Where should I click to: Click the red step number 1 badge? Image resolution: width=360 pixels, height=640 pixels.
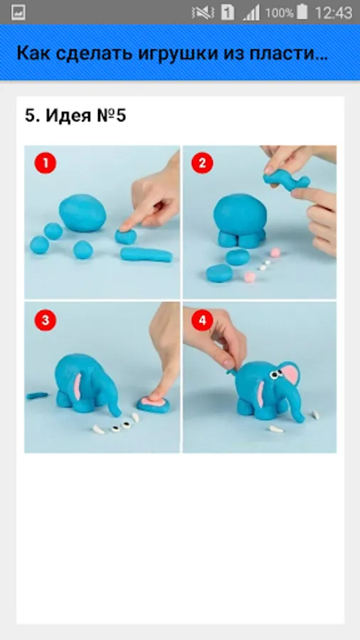tap(46, 164)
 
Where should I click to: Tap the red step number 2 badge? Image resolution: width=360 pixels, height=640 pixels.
tap(202, 164)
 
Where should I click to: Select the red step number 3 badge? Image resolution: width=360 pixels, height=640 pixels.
tap(46, 321)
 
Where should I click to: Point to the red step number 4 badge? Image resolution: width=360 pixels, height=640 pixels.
tap(202, 321)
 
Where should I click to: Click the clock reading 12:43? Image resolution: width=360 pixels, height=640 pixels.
tap(334, 12)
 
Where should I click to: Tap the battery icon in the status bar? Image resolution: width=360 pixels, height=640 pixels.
tap(302, 12)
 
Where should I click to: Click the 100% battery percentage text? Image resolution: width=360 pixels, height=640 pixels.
tap(279, 13)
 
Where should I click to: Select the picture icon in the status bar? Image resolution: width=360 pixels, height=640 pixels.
tap(18, 12)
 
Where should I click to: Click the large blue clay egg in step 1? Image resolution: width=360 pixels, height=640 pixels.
tap(83, 213)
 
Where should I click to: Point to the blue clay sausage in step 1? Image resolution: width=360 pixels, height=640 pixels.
tap(147, 255)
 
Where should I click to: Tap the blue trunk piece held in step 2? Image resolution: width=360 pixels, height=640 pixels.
tap(287, 180)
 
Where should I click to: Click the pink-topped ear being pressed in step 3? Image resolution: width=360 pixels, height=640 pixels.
tap(154, 404)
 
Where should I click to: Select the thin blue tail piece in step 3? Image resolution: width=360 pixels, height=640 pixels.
tap(37, 395)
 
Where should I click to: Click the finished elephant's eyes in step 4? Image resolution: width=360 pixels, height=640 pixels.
tap(276, 374)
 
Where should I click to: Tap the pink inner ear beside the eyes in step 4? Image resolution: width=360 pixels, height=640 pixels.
tap(290, 377)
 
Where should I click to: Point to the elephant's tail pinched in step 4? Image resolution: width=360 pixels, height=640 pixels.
tap(231, 370)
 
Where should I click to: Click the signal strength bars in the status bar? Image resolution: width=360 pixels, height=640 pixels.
tap(251, 13)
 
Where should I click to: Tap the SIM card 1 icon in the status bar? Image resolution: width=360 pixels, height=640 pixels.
tap(228, 12)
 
